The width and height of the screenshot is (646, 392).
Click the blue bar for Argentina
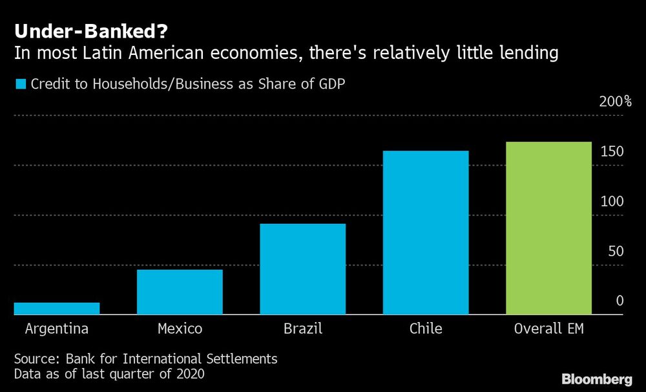pyautogui.click(x=57, y=309)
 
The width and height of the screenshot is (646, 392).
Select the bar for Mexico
pyautogui.click(x=180, y=292)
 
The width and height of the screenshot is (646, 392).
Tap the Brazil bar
pyautogui.click(x=303, y=269)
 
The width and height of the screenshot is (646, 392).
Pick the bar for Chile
pyautogui.click(x=426, y=233)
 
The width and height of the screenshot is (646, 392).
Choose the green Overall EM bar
pyautogui.click(x=548, y=228)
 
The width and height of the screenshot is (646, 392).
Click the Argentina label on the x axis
pyautogui.click(x=57, y=329)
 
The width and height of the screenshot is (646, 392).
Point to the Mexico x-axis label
pyautogui.click(x=180, y=329)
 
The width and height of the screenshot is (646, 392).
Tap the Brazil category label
pyautogui.click(x=303, y=329)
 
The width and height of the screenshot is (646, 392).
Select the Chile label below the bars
pyautogui.click(x=426, y=329)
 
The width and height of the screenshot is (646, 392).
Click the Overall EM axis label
pyautogui.click(x=548, y=329)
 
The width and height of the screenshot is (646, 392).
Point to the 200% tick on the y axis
pyautogui.click(x=615, y=102)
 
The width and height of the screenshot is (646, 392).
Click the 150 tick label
pyautogui.click(x=612, y=151)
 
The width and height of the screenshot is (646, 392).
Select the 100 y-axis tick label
pyautogui.click(x=612, y=201)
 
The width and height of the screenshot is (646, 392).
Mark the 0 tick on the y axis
pyautogui.click(x=620, y=301)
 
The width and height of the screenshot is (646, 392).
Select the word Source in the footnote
pyautogui.click(x=34, y=358)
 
